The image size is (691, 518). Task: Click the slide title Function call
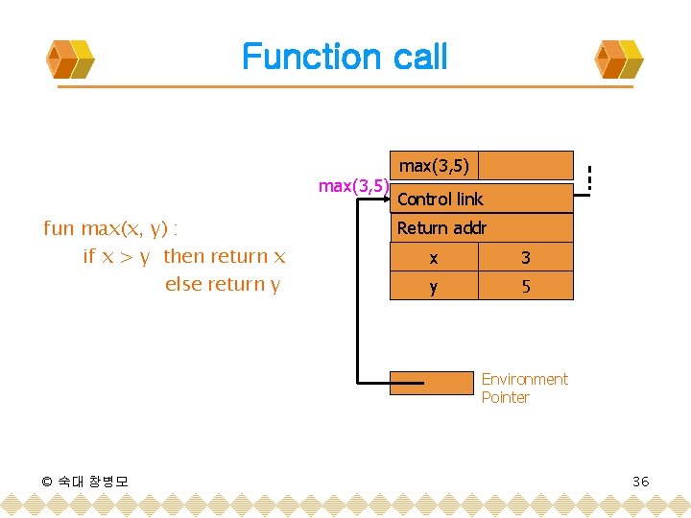click(x=345, y=57)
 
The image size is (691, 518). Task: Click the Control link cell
click(x=481, y=199)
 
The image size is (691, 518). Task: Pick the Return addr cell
click(x=481, y=228)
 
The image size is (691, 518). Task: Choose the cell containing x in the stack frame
click(x=434, y=257)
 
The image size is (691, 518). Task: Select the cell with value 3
click(x=525, y=257)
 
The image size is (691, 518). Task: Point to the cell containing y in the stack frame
click(x=434, y=286)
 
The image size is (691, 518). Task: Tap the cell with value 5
click(x=525, y=286)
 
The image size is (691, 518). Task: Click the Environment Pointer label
click(x=524, y=388)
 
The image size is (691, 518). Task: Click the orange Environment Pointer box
click(x=432, y=383)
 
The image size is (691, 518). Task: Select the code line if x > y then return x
click(x=184, y=256)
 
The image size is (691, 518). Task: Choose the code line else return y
click(x=223, y=284)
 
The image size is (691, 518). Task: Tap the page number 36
click(x=640, y=481)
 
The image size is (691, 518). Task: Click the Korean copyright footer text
click(x=86, y=481)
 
